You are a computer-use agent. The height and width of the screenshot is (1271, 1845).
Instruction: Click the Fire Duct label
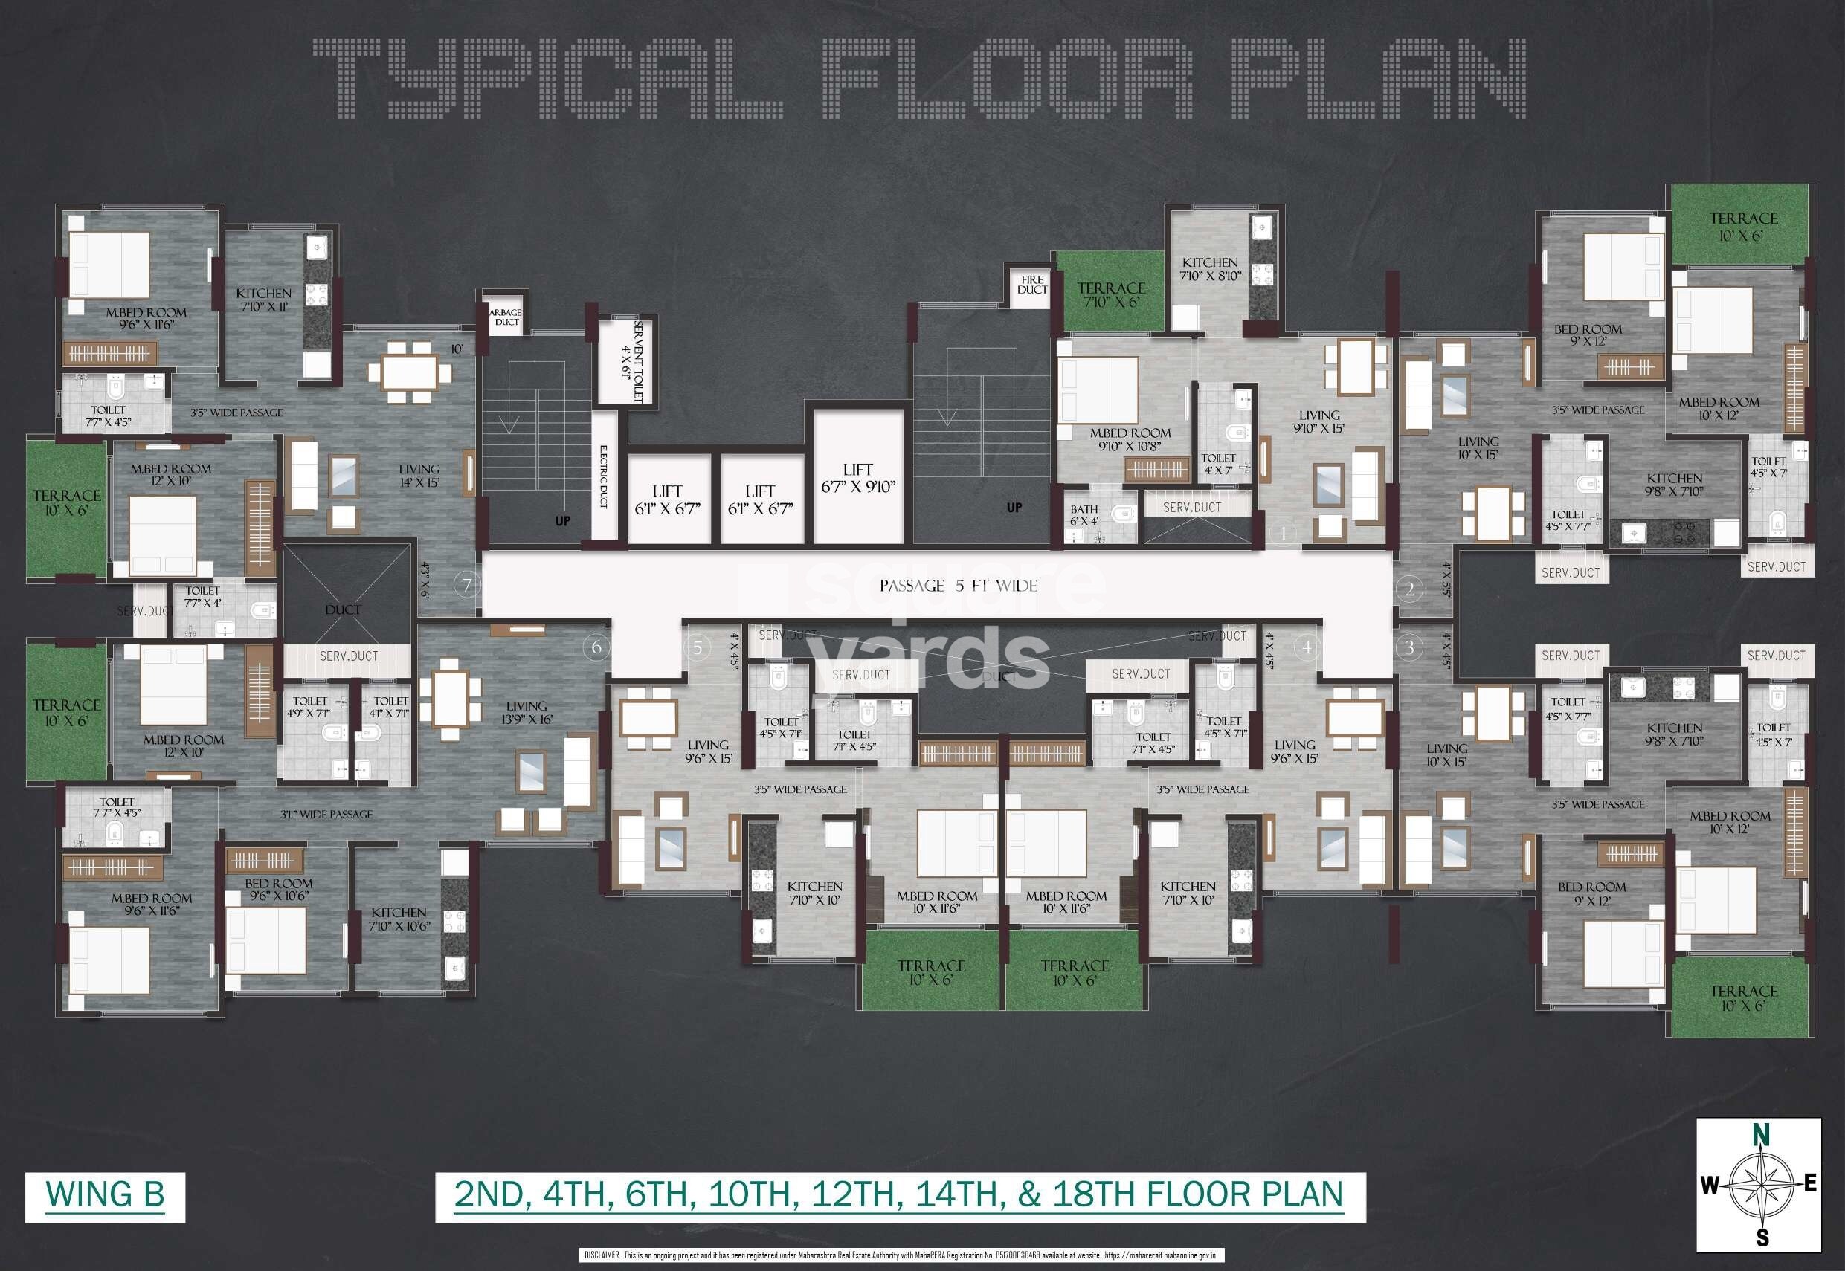(x=1031, y=284)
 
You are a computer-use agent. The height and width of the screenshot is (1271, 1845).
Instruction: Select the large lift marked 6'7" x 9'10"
(x=858, y=478)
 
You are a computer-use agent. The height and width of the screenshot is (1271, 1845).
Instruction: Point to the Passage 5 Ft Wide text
(x=958, y=586)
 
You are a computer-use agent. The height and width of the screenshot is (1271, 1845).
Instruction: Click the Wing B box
(x=105, y=1195)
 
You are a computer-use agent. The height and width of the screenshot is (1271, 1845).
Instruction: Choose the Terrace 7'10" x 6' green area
(x=1110, y=294)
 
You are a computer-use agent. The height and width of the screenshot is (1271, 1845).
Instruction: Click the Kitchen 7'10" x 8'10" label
(x=1209, y=269)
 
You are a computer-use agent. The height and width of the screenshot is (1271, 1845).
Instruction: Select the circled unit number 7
(x=467, y=586)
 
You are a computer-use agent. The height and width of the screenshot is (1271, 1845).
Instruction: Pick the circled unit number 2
(x=1409, y=589)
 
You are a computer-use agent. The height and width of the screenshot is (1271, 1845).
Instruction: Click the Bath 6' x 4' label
(x=1084, y=514)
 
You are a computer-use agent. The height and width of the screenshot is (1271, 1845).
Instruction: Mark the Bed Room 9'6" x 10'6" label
(x=278, y=889)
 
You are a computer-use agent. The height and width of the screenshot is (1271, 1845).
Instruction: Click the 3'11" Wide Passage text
(x=326, y=814)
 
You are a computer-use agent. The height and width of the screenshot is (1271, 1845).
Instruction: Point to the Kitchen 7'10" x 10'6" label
(x=399, y=919)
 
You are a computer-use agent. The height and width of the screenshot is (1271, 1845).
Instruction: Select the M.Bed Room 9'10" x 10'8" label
(x=1130, y=439)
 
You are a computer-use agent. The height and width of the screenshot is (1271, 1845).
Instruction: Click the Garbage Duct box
(x=506, y=317)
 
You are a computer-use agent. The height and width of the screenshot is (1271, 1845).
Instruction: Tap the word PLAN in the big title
(x=1378, y=80)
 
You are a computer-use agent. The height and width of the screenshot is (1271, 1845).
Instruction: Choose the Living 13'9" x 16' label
(x=526, y=712)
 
